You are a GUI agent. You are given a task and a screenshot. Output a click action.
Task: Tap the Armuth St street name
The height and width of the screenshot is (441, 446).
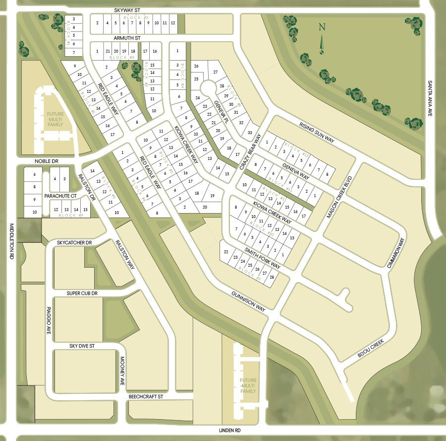point(128,38)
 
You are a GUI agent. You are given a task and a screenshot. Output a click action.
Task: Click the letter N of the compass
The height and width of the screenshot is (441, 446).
point(322,27)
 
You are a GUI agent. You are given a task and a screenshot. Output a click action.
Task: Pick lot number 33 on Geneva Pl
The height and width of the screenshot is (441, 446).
point(250,133)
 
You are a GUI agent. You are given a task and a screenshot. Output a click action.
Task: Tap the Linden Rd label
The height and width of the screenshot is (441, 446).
point(230,430)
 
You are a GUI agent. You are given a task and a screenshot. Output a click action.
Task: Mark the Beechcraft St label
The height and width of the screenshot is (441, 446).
point(146,397)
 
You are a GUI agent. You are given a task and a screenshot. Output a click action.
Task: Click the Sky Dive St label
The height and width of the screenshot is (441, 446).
point(82,345)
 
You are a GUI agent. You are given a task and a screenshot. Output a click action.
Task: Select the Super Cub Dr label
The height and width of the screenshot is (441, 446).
point(82,294)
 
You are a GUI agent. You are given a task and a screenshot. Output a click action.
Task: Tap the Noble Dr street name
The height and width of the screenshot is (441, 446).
point(47,161)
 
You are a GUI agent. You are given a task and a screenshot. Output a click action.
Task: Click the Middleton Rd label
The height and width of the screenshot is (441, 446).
point(11,241)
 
